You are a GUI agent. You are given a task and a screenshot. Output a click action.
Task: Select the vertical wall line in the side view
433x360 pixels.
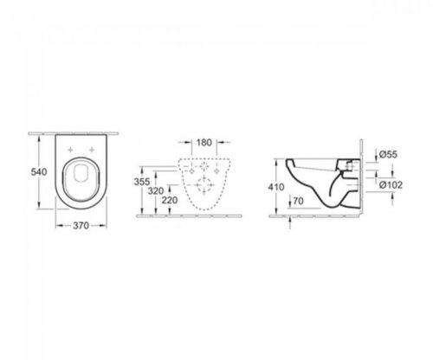(360, 177)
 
